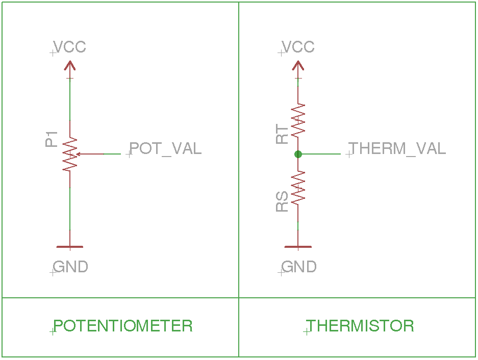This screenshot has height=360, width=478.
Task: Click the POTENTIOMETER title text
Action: pos(123,326)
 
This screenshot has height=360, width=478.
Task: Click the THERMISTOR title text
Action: pos(360,326)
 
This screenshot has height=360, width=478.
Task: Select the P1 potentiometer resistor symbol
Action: pos(70,154)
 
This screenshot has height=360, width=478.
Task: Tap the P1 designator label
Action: pos(52,139)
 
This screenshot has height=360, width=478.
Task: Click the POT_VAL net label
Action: pos(165,148)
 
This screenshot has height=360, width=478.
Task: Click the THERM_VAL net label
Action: pos(397,148)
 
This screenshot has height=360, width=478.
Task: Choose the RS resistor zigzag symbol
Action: pos(298,187)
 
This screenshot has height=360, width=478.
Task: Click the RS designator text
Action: pos(282,201)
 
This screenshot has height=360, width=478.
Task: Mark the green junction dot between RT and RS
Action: pos(298,154)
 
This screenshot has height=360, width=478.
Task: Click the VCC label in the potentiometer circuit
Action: pos(70,47)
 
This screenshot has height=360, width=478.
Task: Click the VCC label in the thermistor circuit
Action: pos(298,47)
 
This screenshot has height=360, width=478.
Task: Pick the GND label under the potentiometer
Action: pos(70,267)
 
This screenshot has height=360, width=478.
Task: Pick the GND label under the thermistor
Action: pos(299,267)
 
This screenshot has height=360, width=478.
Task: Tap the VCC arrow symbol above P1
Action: pos(70,65)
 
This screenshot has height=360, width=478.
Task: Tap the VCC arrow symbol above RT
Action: pos(298,65)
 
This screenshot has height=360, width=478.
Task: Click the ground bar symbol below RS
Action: pos(298,247)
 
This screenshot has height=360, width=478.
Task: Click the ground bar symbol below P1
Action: pos(69,247)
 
